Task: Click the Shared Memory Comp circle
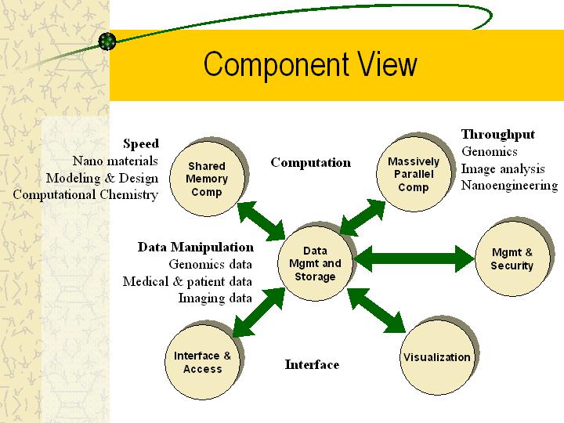(x=207, y=179)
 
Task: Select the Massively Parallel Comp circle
(x=414, y=174)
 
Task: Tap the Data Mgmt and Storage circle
(x=315, y=263)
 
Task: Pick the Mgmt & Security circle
(x=512, y=258)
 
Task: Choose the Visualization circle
(x=437, y=357)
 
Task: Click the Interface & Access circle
(x=203, y=362)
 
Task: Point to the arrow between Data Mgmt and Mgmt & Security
(x=414, y=258)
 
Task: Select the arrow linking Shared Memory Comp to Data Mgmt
(x=262, y=221)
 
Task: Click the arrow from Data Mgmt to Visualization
(x=377, y=310)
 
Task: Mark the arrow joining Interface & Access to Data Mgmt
(x=259, y=313)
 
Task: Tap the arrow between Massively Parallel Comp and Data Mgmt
(x=363, y=218)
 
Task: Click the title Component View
(x=310, y=64)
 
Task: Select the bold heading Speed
(x=141, y=143)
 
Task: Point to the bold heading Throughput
(x=498, y=135)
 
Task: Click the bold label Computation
(x=311, y=163)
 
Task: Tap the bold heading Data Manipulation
(x=196, y=247)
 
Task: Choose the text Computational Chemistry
(x=85, y=195)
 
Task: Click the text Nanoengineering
(x=510, y=186)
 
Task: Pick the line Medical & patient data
(x=187, y=281)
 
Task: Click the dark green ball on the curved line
(x=107, y=41)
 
